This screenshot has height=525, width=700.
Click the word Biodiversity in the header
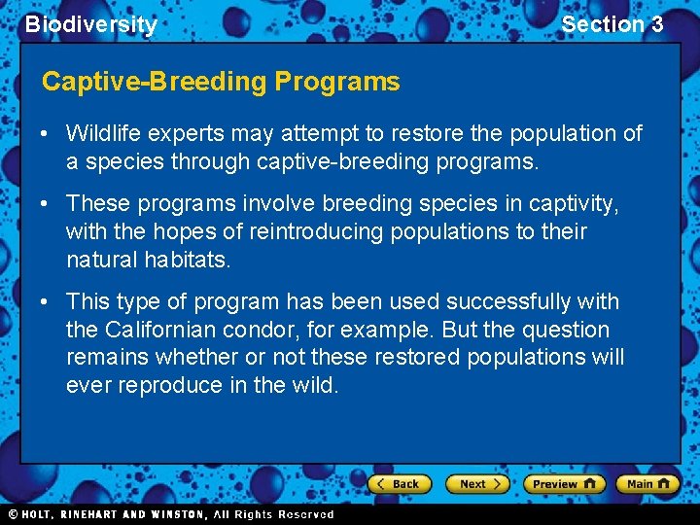pos(90,24)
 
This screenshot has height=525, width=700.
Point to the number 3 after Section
pos(656,24)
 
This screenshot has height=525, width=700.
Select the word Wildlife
pos(103,133)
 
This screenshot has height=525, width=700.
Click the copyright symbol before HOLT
pos(13,514)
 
